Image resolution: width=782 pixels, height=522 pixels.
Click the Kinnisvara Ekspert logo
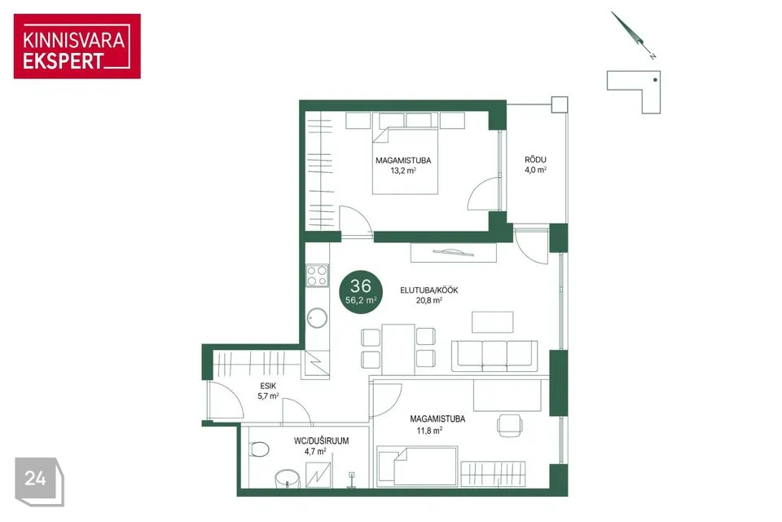tap(77, 46)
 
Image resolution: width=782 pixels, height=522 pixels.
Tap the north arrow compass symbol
tap(632, 34)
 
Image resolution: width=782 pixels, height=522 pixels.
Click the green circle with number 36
tap(361, 292)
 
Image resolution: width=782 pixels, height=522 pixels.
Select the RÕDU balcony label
tap(535, 160)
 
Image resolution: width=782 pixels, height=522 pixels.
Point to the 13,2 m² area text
tap(403, 170)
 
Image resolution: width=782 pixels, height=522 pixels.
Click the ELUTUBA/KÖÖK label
tap(429, 290)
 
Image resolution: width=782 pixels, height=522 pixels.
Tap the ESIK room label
tap(268, 386)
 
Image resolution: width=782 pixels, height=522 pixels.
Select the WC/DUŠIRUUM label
tap(321, 441)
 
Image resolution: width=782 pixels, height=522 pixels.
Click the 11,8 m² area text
tap(429, 430)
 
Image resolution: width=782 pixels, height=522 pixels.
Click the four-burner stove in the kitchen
tap(317, 276)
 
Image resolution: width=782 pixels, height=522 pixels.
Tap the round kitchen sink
tap(317, 317)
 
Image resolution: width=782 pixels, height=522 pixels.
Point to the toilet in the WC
tap(259, 449)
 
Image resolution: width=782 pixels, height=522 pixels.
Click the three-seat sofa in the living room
tap(494, 356)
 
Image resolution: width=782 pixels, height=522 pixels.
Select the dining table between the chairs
tap(398, 349)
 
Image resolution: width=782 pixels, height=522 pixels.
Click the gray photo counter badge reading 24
tap(39, 481)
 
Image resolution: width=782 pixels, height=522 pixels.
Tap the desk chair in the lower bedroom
tap(510, 425)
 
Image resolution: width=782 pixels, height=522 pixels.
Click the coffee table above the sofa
tap(493, 321)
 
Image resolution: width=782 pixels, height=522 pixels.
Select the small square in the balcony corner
tap(560, 104)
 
